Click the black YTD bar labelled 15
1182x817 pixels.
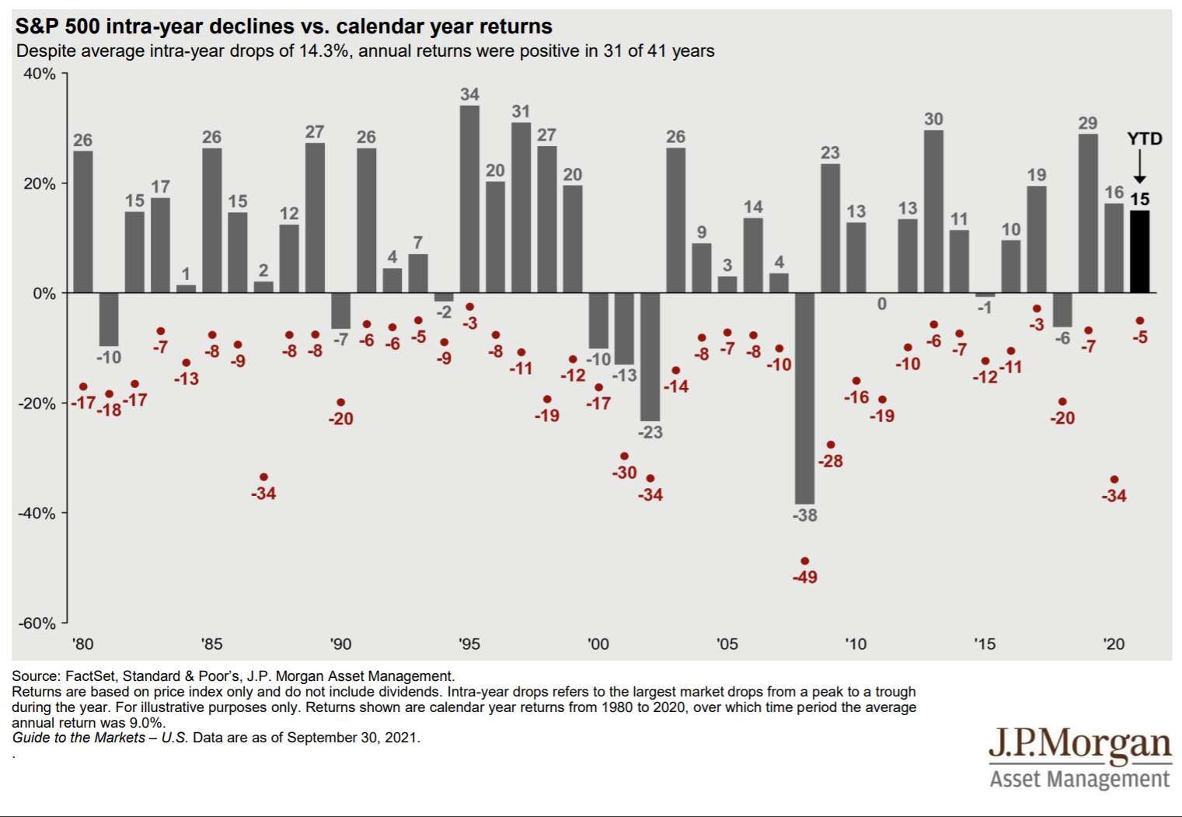point(1139,251)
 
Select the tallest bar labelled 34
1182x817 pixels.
point(469,199)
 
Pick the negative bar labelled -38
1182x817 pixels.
point(804,398)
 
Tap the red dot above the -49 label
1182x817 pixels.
point(804,561)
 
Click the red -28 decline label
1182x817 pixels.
point(830,462)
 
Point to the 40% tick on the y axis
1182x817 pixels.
point(39,74)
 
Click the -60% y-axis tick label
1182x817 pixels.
point(37,623)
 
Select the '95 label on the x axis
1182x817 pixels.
point(469,644)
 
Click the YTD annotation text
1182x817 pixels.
point(1144,139)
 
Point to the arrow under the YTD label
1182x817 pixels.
point(1139,167)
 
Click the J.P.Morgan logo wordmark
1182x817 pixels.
point(1079,745)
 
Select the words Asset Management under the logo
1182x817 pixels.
point(1079,779)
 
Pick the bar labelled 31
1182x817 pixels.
point(521,208)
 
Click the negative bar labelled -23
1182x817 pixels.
point(650,357)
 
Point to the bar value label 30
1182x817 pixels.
point(933,119)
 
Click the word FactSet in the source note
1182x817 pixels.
point(90,676)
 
